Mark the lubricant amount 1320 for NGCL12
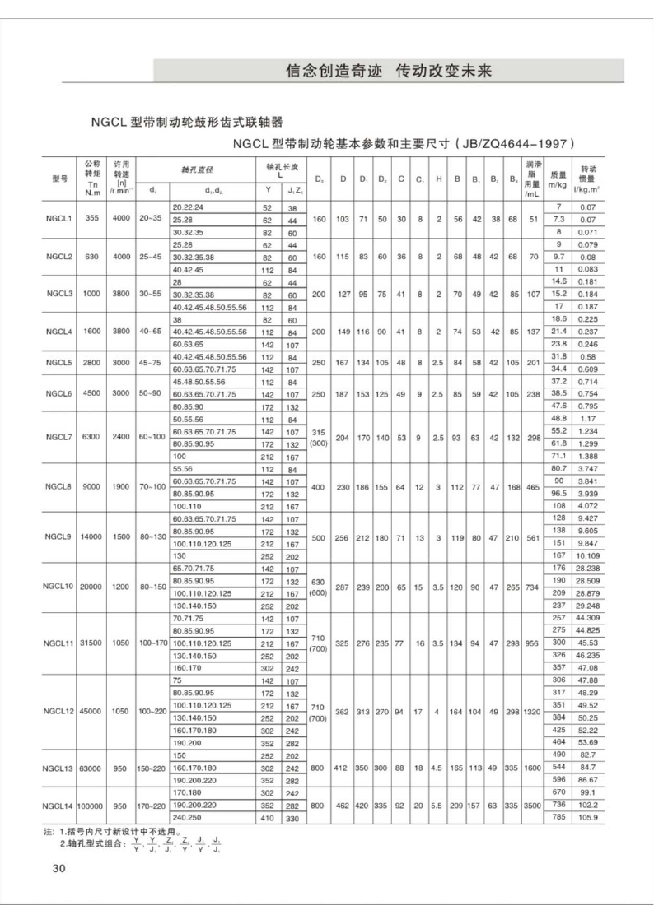531,710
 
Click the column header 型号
58,179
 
